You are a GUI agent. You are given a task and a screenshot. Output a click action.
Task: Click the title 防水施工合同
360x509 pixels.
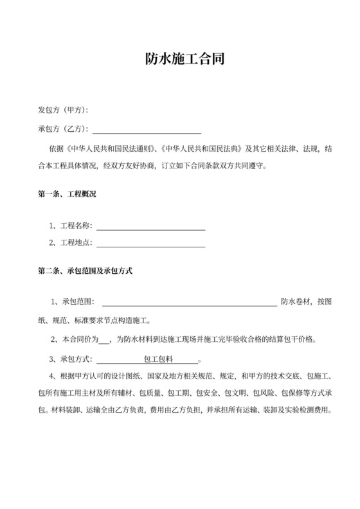tap(179, 60)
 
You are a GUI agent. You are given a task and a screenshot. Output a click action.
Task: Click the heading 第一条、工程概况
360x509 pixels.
tap(67, 193)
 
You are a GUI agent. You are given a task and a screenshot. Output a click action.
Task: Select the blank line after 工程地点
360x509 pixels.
tap(150, 244)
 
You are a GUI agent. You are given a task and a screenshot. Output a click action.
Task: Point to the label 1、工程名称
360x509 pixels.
tap(71, 226)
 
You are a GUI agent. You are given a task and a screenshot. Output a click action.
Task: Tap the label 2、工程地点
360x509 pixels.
tap(71, 244)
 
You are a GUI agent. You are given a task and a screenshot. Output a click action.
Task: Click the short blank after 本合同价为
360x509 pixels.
tap(105, 339)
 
